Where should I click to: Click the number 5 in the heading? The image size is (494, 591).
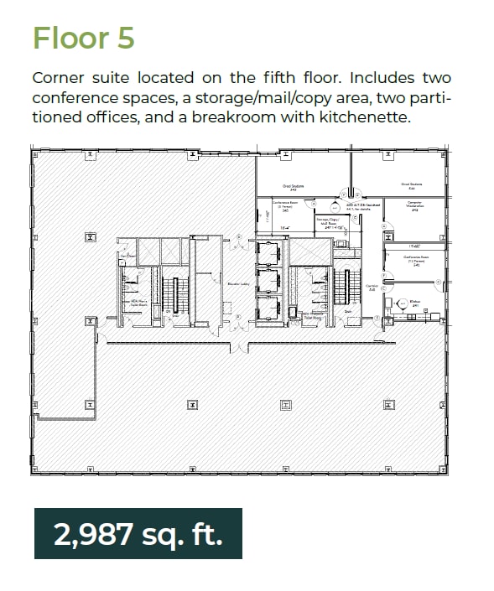(x=124, y=39)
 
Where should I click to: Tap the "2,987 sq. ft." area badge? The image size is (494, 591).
(x=138, y=534)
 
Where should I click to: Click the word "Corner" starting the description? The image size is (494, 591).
(x=60, y=78)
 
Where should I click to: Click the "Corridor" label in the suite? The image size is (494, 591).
(x=372, y=288)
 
